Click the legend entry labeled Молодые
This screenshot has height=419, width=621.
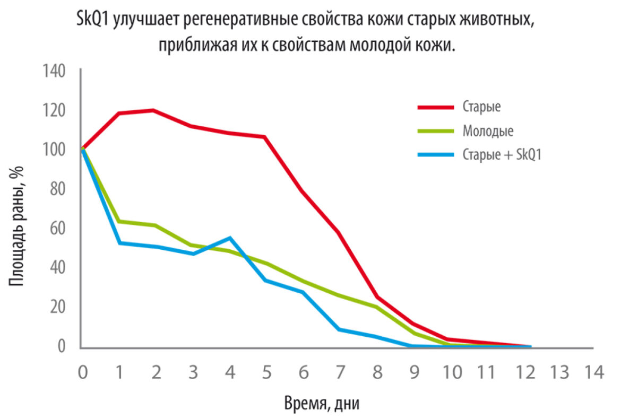(x=488, y=130)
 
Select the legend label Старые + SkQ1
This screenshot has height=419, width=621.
(x=502, y=155)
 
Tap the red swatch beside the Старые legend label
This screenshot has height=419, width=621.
(x=436, y=107)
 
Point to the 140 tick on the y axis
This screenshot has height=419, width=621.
(x=54, y=71)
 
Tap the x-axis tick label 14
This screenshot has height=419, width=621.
(x=593, y=372)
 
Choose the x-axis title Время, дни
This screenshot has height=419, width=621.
(x=322, y=404)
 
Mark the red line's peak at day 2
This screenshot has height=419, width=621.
(x=153, y=110)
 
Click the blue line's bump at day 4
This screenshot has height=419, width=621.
(x=229, y=238)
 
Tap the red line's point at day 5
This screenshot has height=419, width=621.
(x=264, y=137)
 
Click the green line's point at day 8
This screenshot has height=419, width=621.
(x=376, y=307)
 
